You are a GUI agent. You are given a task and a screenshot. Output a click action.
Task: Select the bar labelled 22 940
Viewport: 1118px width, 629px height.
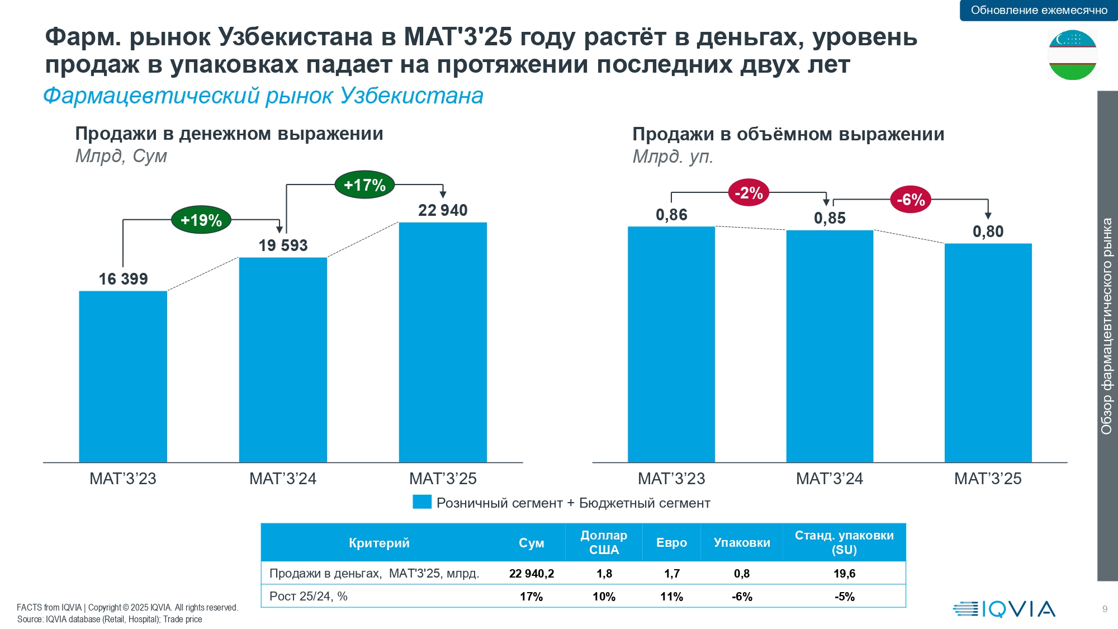(x=443, y=342)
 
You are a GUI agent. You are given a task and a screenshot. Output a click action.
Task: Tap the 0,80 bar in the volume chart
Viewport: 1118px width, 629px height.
(x=988, y=353)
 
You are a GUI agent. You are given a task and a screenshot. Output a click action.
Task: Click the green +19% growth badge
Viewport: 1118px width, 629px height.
(x=201, y=220)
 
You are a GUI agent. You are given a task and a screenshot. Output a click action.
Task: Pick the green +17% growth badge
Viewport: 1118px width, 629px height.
(x=364, y=185)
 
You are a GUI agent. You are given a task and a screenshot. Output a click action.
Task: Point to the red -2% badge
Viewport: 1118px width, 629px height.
(x=749, y=193)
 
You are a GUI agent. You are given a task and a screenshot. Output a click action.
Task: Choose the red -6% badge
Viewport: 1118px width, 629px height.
(x=911, y=200)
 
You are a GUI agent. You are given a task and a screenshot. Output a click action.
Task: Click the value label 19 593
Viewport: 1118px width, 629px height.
(x=283, y=245)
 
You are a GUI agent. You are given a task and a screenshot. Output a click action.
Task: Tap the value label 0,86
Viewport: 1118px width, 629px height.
(x=671, y=215)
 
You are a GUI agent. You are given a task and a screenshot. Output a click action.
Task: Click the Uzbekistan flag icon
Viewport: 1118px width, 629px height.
(x=1072, y=55)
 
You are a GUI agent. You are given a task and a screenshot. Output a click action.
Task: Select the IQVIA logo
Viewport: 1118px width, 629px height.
(x=1004, y=609)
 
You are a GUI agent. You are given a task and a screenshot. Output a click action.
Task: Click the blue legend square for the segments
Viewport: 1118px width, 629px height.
(x=422, y=502)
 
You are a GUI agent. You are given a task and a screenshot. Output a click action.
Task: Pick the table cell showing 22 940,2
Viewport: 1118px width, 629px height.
(x=532, y=574)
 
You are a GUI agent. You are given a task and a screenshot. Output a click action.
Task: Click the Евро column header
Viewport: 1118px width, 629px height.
(x=671, y=542)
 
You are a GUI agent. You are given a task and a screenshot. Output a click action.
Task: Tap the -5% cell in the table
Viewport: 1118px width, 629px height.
(x=844, y=597)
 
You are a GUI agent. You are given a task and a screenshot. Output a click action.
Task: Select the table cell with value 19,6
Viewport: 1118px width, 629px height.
(x=844, y=574)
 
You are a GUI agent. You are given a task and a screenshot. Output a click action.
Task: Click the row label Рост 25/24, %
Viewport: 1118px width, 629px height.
(x=309, y=597)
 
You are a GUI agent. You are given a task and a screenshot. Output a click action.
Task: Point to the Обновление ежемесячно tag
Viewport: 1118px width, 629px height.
(x=1039, y=10)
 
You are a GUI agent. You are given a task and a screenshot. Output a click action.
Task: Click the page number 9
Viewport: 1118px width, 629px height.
(x=1105, y=609)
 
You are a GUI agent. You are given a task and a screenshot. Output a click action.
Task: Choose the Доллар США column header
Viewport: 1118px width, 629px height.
(x=604, y=542)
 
